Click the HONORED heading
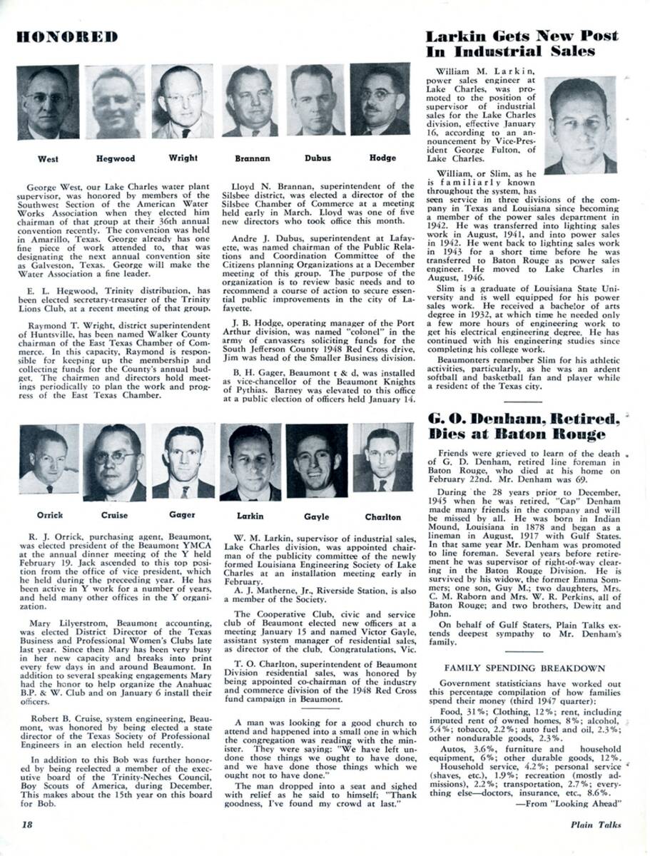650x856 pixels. [x=67, y=36]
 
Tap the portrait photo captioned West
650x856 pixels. [x=48, y=102]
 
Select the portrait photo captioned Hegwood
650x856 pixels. [x=115, y=102]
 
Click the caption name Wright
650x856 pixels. [x=183, y=158]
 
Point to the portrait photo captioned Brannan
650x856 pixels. [x=250, y=101]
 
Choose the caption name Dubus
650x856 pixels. [x=318, y=158]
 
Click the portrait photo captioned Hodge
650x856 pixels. [x=380, y=100]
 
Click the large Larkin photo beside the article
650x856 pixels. [x=580, y=126]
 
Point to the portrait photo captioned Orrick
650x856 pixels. [x=49, y=459]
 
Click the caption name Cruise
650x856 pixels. [x=114, y=515]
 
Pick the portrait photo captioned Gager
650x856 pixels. [x=183, y=462]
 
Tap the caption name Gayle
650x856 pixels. [x=317, y=516]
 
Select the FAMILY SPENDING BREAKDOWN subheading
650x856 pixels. [x=524, y=668]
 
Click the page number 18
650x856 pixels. [x=27, y=825]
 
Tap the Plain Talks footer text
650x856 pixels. [x=595, y=825]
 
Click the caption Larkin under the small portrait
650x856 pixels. [x=250, y=516]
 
